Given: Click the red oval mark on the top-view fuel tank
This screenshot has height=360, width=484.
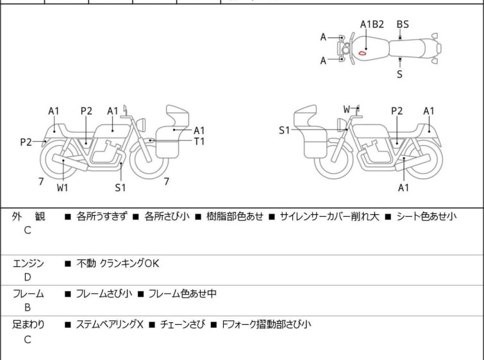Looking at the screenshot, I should (362, 53).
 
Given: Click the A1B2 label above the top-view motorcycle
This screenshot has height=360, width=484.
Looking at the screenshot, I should (372, 24).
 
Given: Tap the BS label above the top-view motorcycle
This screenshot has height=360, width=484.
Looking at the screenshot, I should (403, 24).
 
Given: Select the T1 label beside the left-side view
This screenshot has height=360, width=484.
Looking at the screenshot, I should (199, 141).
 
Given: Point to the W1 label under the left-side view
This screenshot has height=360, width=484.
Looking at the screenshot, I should (62, 188).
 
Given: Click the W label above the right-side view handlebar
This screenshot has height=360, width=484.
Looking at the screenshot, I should (347, 109).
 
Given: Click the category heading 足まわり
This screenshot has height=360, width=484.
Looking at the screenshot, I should (29, 325).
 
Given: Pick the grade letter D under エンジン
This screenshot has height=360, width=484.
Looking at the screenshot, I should (27, 277).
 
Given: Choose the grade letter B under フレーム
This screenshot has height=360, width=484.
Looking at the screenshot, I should (27, 308).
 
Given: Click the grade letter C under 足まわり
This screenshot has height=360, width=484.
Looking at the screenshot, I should (27, 339).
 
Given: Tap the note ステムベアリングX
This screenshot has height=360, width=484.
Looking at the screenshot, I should (110, 325).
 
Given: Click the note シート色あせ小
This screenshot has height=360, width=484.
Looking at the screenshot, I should (426, 217).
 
